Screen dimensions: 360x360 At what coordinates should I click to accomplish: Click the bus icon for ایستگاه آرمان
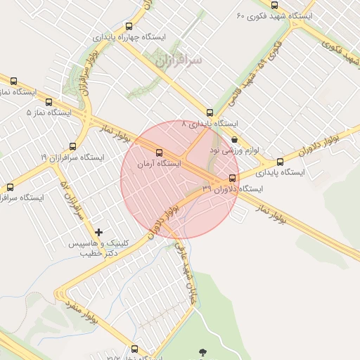click(x=158, y=152)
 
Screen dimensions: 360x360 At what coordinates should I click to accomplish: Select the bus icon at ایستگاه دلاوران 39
click(x=233, y=177)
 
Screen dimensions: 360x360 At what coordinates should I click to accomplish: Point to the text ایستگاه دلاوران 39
click(x=232, y=189)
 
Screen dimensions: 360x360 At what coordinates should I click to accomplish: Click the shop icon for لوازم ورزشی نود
click(x=233, y=139)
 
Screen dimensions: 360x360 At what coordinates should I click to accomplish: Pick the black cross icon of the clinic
click(x=98, y=232)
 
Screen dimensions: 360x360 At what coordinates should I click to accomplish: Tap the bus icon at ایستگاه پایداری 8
click(x=210, y=112)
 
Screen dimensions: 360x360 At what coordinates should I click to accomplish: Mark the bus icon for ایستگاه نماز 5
click(x=49, y=102)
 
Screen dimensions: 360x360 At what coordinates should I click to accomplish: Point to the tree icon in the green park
click(x=204, y=351)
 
